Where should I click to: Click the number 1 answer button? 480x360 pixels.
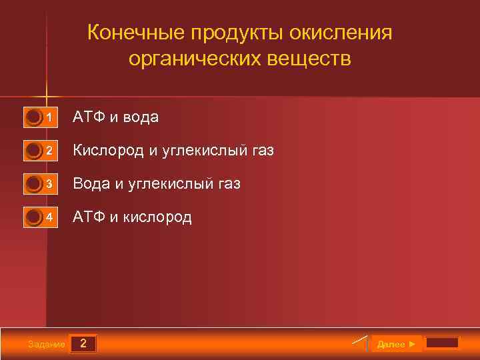click(x=41, y=118)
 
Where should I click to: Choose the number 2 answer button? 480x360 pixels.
click(x=41, y=151)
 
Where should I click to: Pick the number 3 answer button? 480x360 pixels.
click(x=41, y=184)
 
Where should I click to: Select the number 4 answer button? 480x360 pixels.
click(x=41, y=217)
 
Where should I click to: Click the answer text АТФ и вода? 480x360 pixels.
click(x=115, y=117)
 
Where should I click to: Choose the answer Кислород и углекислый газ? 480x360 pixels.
click(x=173, y=151)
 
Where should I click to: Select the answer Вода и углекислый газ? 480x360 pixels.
click(x=156, y=184)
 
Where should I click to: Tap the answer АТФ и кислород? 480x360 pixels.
click(x=132, y=217)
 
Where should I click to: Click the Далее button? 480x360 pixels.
click(x=396, y=344)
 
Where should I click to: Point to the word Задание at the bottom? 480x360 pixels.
click(x=47, y=345)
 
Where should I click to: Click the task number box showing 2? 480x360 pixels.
click(x=83, y=344)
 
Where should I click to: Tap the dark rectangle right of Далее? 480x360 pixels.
click(x=442, y=343)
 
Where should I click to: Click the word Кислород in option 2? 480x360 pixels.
click(x=108, y=151)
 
